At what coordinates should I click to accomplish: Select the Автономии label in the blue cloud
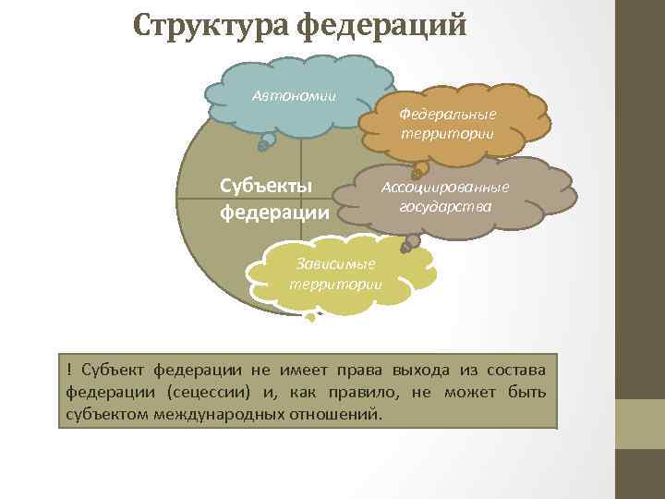tap(294, 96)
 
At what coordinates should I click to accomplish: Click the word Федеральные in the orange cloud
tap(448, 114)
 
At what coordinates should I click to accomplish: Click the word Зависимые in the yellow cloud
tap(336, 264)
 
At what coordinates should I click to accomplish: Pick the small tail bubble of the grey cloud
tap(409, 243)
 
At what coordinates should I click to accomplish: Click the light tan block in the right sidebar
tap(640, 424)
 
